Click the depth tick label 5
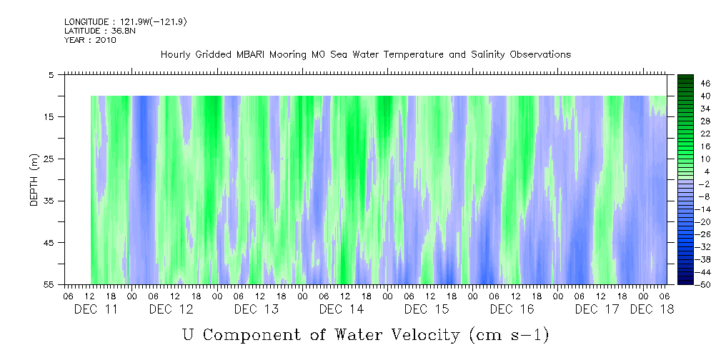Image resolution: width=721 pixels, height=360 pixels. (x=51, y=74)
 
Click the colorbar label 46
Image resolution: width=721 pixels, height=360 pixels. (x=685, y=83)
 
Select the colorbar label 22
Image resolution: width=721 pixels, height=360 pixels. (x=685, y=134)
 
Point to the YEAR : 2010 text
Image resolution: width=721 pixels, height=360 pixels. (x=89, y=39)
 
